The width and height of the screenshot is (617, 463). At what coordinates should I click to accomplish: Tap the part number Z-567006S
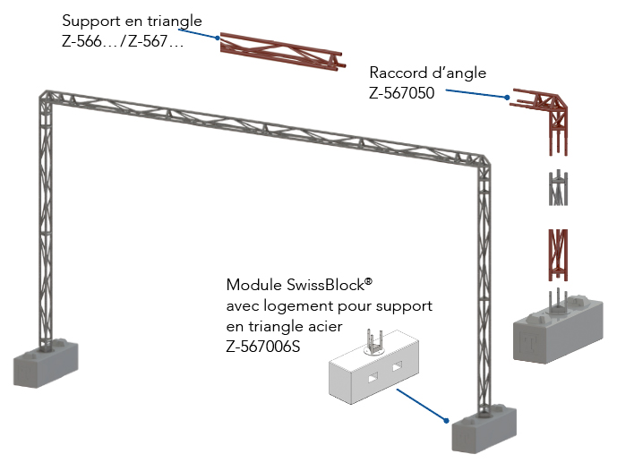[266, 341]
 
